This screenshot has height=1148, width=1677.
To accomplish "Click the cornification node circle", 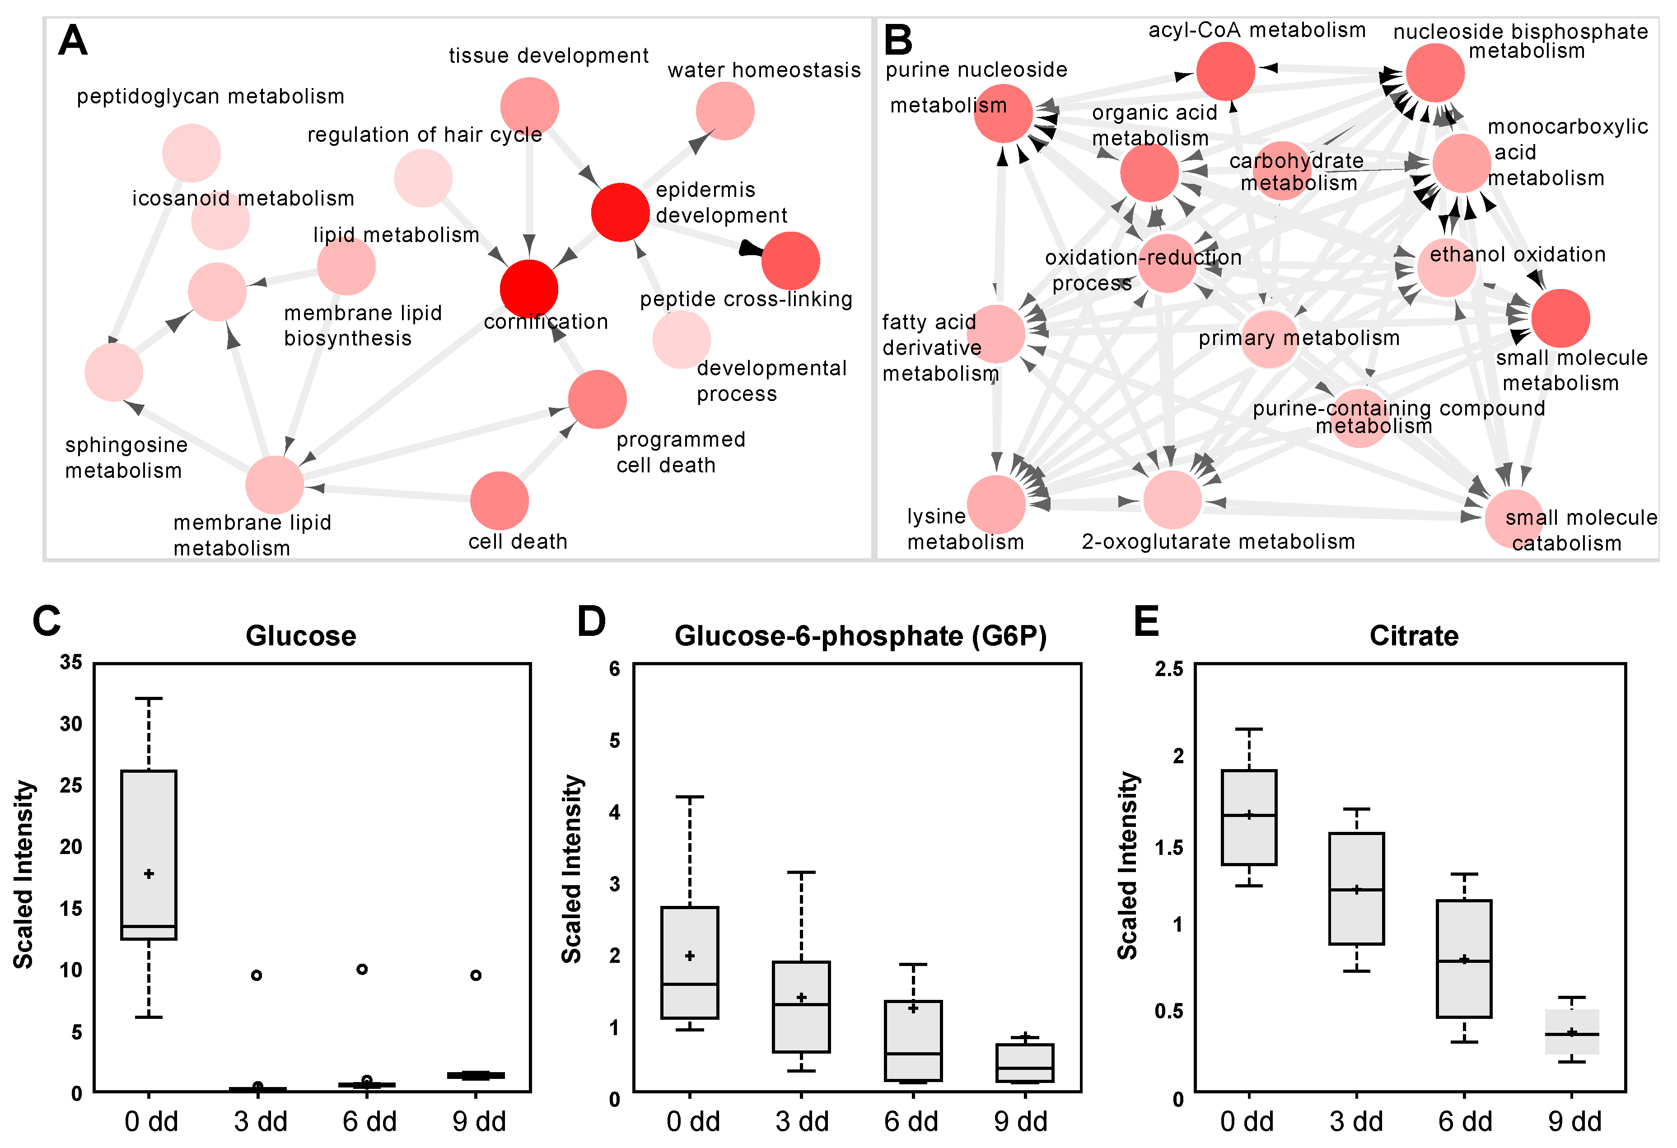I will coord(529,289).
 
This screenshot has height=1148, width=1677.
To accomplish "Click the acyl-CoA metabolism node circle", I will coord(1225,71).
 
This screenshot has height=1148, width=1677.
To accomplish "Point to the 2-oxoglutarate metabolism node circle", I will coord(1172,500).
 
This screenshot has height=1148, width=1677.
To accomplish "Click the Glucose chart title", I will coord(301,636).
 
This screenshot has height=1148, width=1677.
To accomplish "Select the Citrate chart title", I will coord(1414,636).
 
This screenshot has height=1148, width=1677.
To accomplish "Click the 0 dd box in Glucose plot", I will coord(149,855).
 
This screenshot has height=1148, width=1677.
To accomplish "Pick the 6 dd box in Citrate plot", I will coord(1464,958).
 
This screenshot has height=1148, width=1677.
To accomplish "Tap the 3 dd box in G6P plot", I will coord(801,1007).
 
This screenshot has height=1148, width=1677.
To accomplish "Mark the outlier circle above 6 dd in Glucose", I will coord(362,969).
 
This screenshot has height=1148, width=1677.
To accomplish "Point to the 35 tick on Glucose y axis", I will coord(71,663).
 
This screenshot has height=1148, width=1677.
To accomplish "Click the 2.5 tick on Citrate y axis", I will coord(1169,669).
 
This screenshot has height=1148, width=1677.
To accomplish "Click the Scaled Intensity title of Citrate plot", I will coord(1128,866).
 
